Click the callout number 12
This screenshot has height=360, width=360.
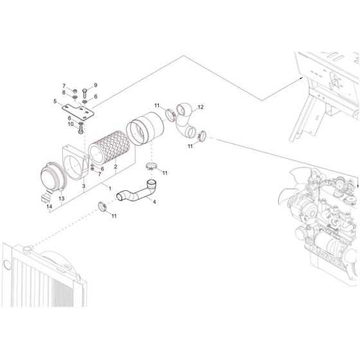click(x=201, y=107)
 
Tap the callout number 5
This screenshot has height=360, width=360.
click(x=55, y=101)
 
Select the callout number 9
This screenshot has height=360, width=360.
click(x=96, y=85)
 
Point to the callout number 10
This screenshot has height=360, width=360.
click(x=71, y=124)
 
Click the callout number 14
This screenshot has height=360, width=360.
click(x=50, y=206)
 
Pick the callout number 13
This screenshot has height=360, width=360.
click(x=62, y=199)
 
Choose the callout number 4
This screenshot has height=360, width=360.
click(x=154, y=202)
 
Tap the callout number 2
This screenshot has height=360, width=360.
click(x=116, y=166)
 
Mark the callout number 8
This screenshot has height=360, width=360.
click(x=64, y=93)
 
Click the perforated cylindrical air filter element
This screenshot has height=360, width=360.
click(x=109, y=147)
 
